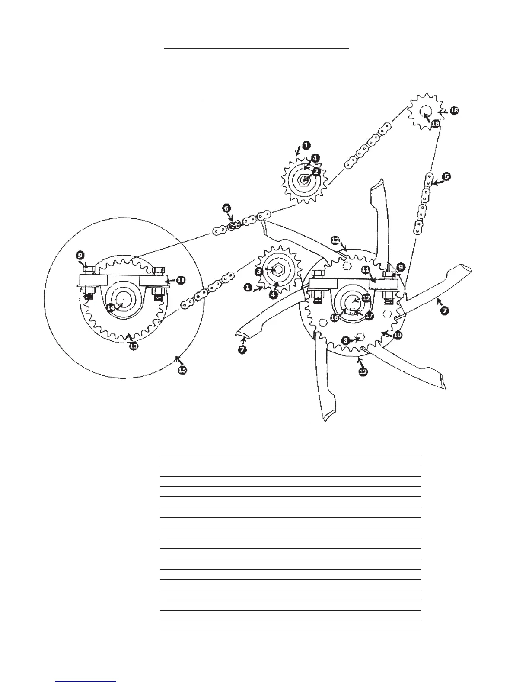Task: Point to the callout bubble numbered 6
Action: pos(226,208)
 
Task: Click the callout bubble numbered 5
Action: pos(446,176)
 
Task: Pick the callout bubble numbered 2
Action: pos(316,172)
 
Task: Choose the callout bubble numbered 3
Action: pos(258,272)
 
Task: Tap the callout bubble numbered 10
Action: pos(398,335)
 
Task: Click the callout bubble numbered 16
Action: pos(335,317)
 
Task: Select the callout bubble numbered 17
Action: pos(369,316)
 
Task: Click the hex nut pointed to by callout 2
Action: pos(305,179)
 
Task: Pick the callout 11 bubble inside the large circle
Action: pos(181,280)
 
